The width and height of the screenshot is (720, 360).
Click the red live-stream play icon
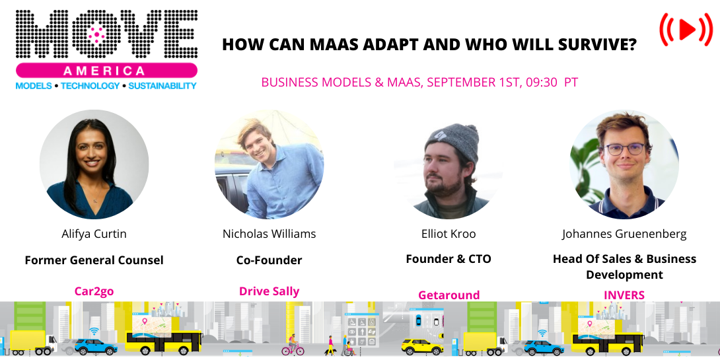click(x=686, y=29)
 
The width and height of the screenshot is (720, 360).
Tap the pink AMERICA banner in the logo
click(x=106, y=71)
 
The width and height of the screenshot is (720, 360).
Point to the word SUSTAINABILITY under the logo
click(x=162, y=86)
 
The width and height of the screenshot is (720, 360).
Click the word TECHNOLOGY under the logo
click(x=90, y=86)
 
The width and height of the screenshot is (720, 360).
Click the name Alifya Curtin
click(x=93, y=234)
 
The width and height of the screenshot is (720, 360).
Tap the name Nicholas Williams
click(x=270, y=234)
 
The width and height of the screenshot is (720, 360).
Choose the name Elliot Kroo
click(x=449, y=234)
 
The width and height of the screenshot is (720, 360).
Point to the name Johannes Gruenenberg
click(x=624, y=234)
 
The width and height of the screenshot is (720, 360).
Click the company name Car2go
click(x=93, y=291)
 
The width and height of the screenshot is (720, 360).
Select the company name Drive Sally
click(x=270, y=291)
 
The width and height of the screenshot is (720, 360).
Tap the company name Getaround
click(x=449, y=295)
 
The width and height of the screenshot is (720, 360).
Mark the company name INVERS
click(x=624, y=295)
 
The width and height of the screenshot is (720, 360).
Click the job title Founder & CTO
click(x=449, y=259)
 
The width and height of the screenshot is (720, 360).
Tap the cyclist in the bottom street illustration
click(x=292, y=345)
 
